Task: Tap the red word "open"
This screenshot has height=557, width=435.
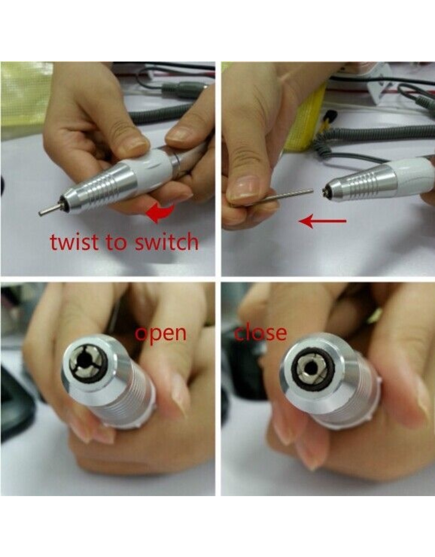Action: (x=161, y=334)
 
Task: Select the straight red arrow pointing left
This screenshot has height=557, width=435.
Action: (x=322, y=221)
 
